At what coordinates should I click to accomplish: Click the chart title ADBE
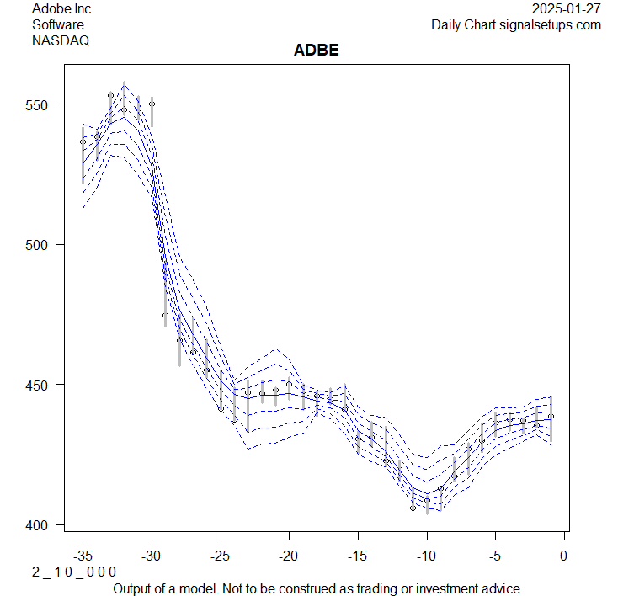pyautogui.click(x=316, y=51)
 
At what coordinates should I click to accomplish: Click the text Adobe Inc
pyautogui.click(x=61, y=9)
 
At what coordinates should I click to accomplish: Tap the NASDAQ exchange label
pyautogui.click(x=61, y=40)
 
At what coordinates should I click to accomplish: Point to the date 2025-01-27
pyautogui.click(x=567, y=9)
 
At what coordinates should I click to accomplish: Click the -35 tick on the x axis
pyautogui.click(x=83, y=555)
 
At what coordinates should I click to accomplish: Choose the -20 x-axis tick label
pyautogui.click(x=289, y=555)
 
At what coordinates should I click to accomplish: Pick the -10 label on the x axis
pyautogui.click(x=426, y=555)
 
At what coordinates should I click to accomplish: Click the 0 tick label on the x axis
pyautogui.click(x=564, y=555)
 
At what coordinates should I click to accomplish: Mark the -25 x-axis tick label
pyautogui.click(x=220, y=555)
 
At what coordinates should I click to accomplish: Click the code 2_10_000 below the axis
pyautogui.click(x=74, y=572)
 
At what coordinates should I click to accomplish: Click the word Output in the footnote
pyautogui.click(x=134, y=588)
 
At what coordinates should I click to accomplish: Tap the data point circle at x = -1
pyautogui.click(x=551, y=416)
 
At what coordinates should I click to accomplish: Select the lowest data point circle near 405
pyautogui.click(x=413, y=508)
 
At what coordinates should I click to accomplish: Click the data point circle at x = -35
pyautogui.click(x=83, y=141)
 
